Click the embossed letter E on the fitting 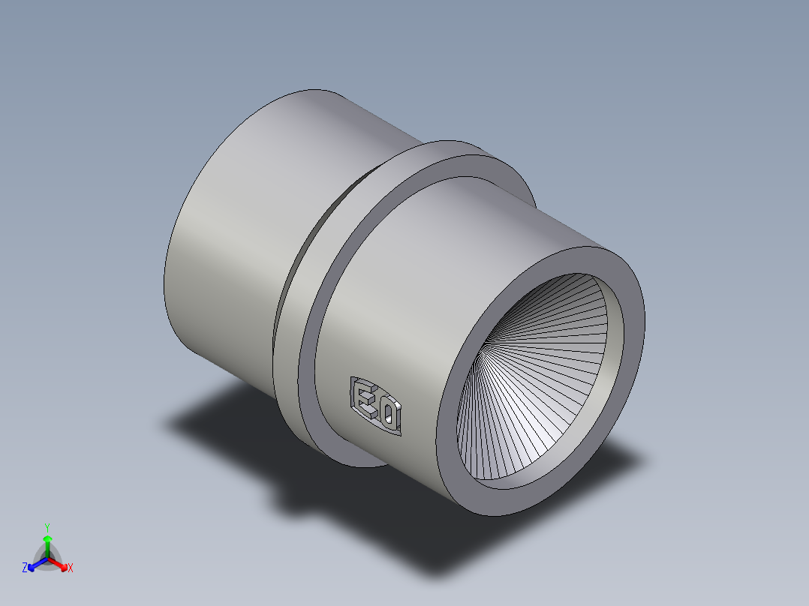(x=365, y=401)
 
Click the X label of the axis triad (x=71, y=568)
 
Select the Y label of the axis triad (x=47, y=527)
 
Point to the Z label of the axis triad (x=25, y=568)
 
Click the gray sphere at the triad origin (x=47, y=558)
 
